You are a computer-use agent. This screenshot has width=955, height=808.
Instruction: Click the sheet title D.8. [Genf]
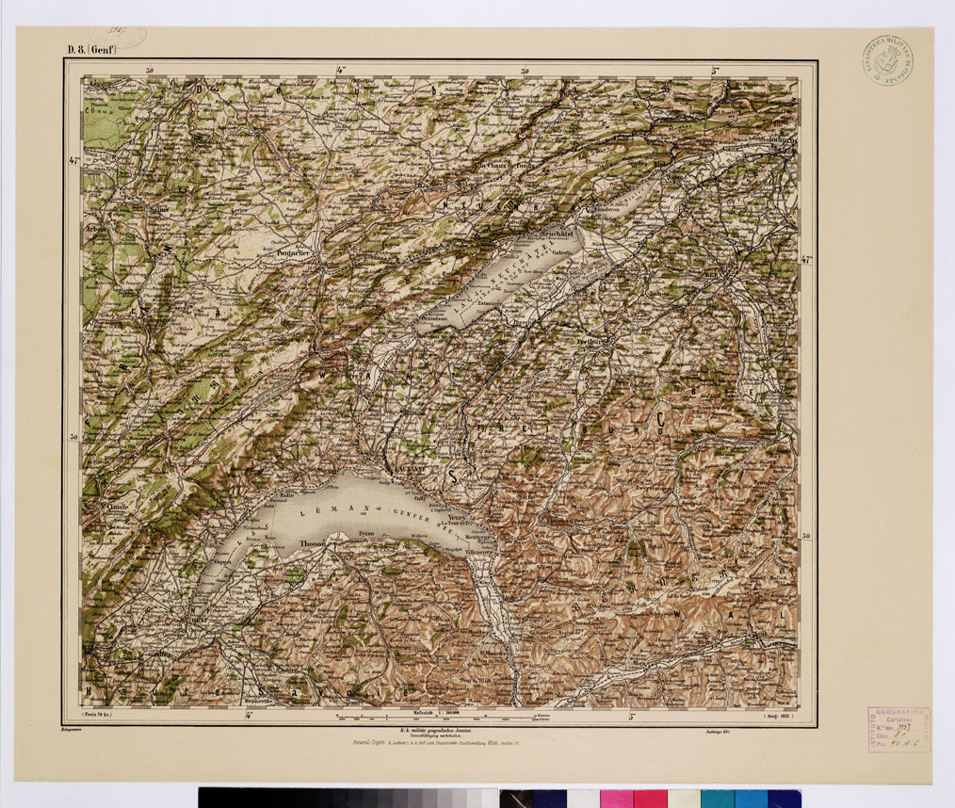[x=90, y=52]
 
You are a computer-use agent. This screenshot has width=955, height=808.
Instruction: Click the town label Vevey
[x=459, y=517]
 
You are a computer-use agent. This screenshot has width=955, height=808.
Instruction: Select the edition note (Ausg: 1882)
[x=779, y=717]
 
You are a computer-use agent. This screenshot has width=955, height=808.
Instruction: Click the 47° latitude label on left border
[x=74, y=161]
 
